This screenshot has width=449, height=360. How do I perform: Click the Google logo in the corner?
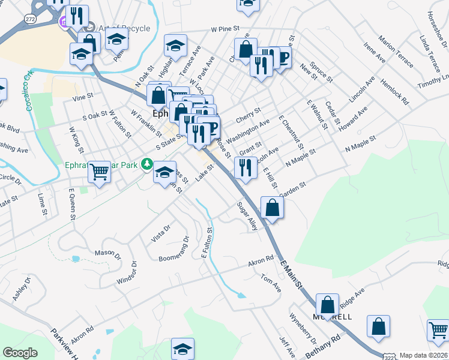point(20,353)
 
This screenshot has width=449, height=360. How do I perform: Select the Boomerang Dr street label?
point(174,251)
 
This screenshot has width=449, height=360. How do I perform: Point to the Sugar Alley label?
point(247,217)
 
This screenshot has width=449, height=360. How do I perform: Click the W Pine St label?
point(225,28)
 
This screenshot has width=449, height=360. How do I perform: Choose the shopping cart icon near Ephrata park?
point(99,172)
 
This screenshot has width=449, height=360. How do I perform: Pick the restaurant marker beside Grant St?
point(245,167)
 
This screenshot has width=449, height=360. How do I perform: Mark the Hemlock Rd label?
point(397,92)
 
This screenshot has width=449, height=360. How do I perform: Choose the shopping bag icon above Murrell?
point(327,305)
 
